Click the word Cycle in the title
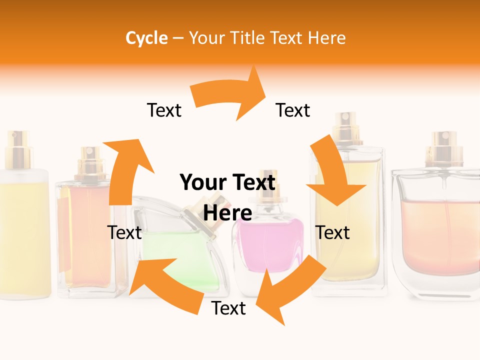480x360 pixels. pyautogui.click(x=146, y=38)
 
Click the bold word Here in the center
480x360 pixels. pyautogui.click(x=228, y=213)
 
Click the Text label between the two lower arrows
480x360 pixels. pyautogui.click(x=228, y=308)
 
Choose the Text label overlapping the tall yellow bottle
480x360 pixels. pyautogui.click(x=332, y=232)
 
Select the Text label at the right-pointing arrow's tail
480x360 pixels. pyautogui.click(x=164, y=110)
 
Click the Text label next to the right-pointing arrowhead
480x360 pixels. pyautogui.click(x=293, y=110)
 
